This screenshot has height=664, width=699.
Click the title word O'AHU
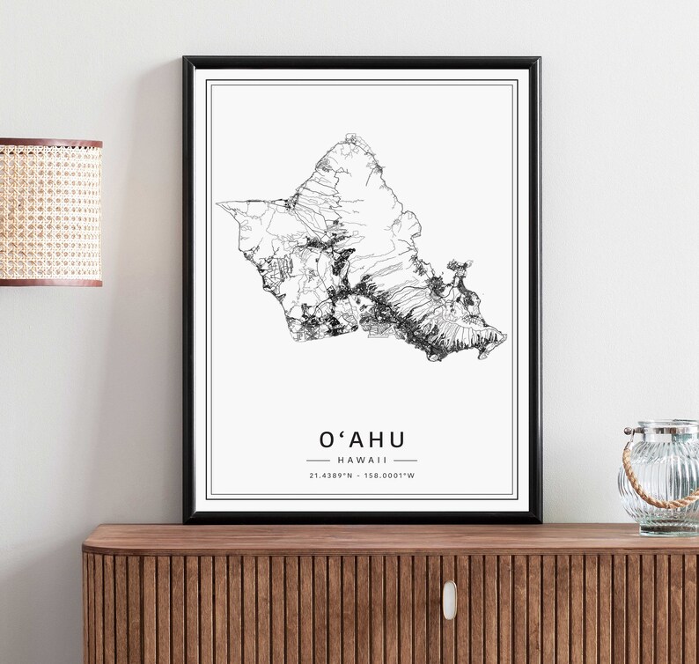point(362,438)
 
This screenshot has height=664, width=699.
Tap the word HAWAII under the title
point(362,460)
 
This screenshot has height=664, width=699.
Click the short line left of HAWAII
point(317,460)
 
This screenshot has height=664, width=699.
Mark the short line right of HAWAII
point(406,460)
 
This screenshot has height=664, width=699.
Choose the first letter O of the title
point(327,438)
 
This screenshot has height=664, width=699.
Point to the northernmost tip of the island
point(350,136)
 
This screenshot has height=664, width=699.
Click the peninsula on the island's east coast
point(460,268)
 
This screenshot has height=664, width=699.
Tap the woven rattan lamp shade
point(50,211)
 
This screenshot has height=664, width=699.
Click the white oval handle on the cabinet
point(449,600)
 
